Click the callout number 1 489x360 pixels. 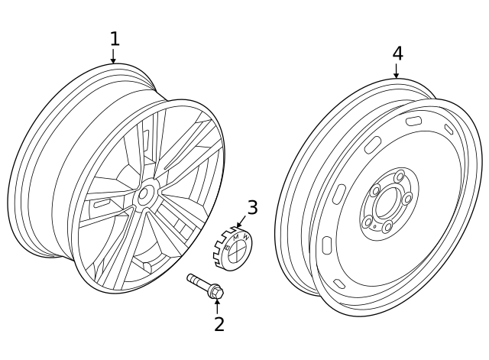pyautogui.click(x=114, y=38)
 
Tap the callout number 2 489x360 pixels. pyautogui.click(x=219, y=324)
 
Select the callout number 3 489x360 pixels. pyautogui.click(x=251, y=207)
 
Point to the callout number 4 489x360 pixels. pyautogui.click(x=397, y=53)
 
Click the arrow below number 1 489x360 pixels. pyautogui.click(x=114, y=56)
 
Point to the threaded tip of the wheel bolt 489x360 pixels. pyautogui.click(x=191, y=277)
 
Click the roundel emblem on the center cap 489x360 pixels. pyautogui.click(x=238, y=247)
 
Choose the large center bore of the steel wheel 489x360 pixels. pyautogui.click(x=387, y=203)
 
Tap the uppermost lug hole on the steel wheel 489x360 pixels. pyautogui.click(x=399, y=177)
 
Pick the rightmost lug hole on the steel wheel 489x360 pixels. pyautogui.click(x=408, y=199)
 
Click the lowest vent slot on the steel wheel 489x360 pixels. pyautogui.click(x=327, y=246)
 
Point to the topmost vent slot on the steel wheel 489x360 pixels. pyautogui.click(x=413, y=121)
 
